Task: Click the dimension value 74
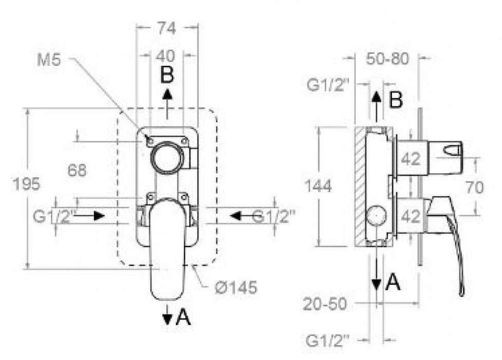coord(166,29)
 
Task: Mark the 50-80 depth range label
coord(388,59)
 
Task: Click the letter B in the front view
coord(167,76)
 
